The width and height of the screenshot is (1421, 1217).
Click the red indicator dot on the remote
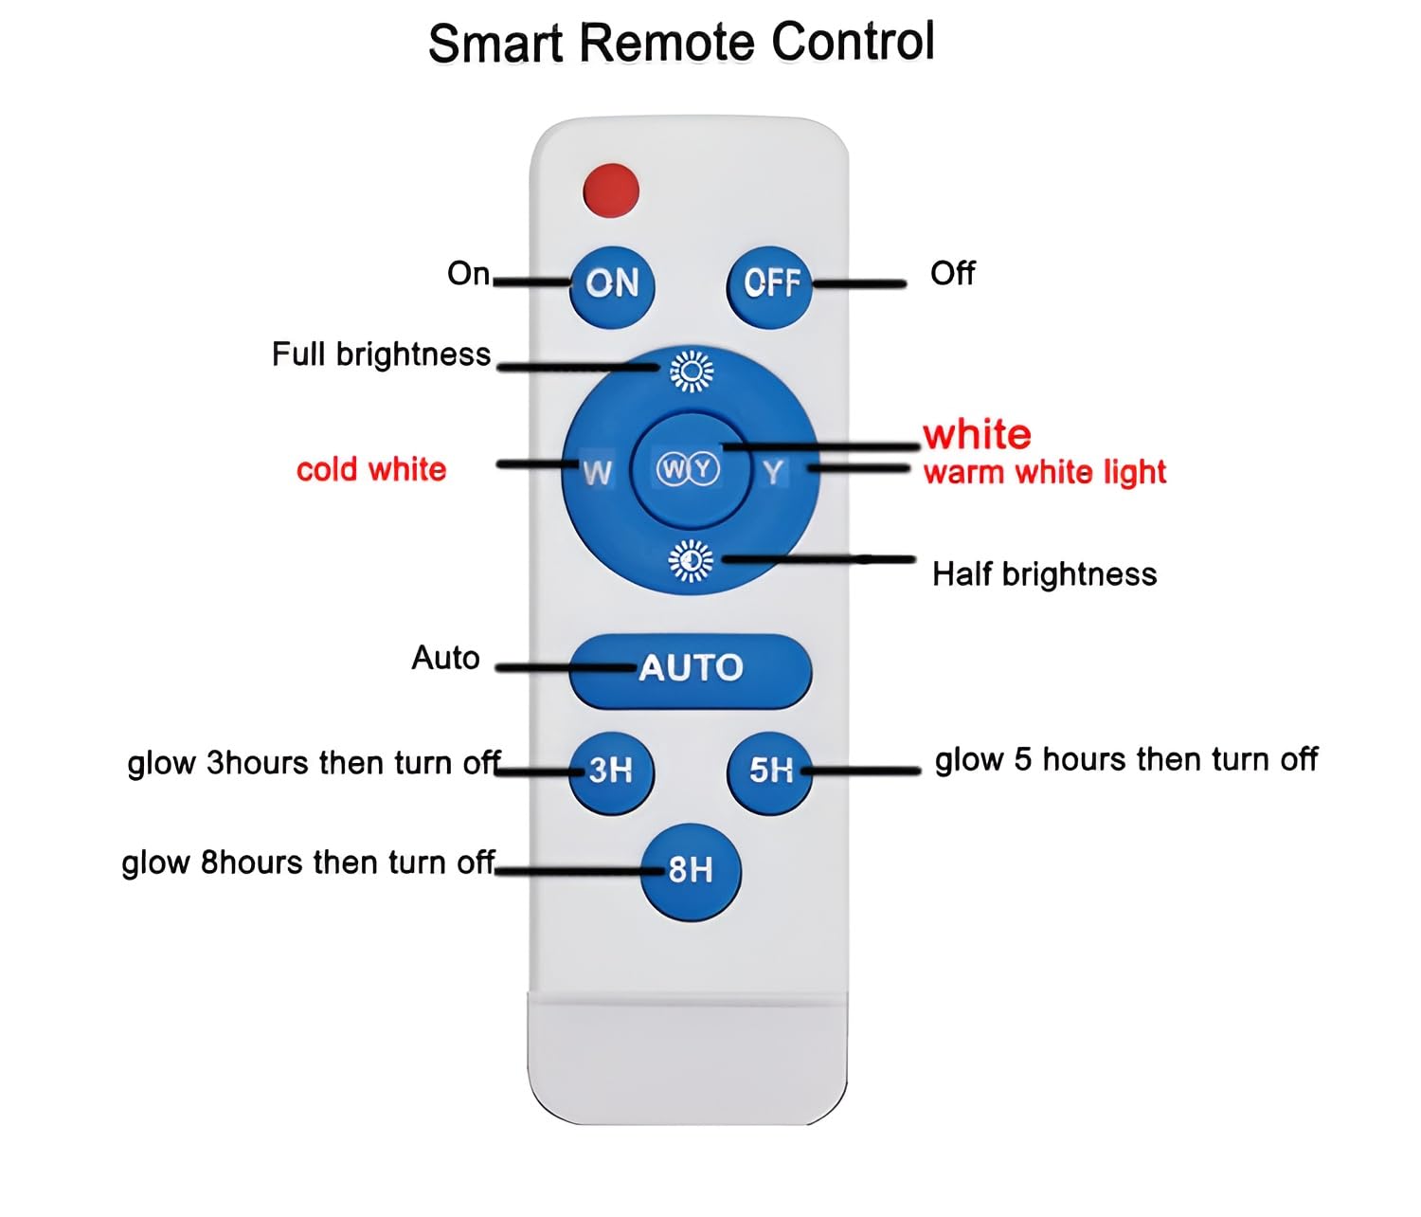(x=611, y=190)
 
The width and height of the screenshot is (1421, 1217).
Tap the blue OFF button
(x=769, y=282)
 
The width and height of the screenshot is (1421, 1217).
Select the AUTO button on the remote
(x=691, y=669)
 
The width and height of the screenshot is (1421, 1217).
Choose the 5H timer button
(x=770, y=770)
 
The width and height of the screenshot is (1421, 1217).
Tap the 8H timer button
(x=691, y=870)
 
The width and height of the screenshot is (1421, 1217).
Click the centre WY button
(x=689, y=469)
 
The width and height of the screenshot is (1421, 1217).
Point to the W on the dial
(x=597, y=471)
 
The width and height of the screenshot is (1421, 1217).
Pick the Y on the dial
(x=774, y=471)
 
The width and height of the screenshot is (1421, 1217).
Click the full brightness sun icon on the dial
(x=692, y=371)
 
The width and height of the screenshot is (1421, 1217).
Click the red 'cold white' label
(x=370, y=469)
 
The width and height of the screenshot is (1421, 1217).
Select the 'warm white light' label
(x=1044, y=472)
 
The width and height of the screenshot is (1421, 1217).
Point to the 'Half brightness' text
(x=1044, y=574)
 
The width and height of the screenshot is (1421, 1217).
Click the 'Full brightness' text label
(x=381, y=354)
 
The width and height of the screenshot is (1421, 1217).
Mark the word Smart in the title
(x=495, y=44)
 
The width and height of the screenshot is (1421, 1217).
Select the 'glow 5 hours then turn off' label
(x=1125, y=759)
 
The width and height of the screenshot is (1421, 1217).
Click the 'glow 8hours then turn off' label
(x=308, y=863)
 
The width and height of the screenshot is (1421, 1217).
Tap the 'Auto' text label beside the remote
(x=445, y=658)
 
